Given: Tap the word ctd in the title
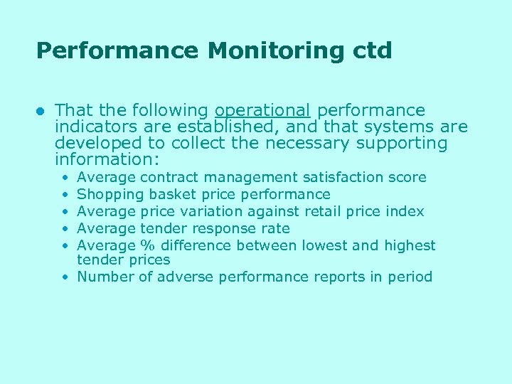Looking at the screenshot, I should click(370, 51).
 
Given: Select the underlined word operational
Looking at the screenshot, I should click(262, 111).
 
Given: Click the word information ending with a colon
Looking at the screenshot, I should click(107, 159).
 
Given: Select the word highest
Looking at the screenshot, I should click(410, 245).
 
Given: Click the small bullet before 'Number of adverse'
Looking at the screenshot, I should click(65, 277).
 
